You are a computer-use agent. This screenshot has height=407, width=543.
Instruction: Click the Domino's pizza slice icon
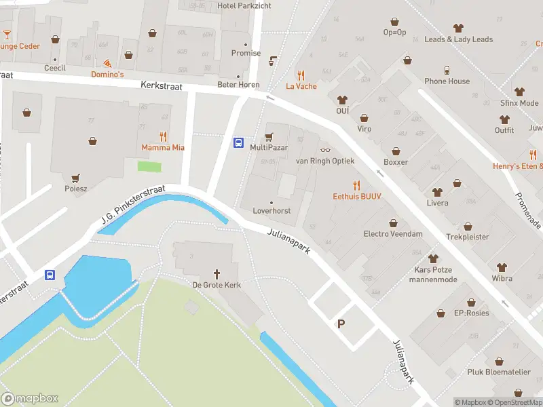pos(107,62)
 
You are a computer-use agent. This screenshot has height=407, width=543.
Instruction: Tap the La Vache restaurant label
pos(301,86)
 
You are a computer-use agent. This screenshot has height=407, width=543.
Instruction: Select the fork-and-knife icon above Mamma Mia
pos(163,136)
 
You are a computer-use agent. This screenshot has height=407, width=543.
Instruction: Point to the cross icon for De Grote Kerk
pos(217,273)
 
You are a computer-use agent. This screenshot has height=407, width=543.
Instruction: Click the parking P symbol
pos(341,324)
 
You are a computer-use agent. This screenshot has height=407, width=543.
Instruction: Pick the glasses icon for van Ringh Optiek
pos(325,150)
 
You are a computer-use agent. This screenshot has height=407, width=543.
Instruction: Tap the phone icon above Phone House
pos(447,70)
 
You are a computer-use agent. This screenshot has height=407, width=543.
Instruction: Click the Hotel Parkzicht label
pos(244,5)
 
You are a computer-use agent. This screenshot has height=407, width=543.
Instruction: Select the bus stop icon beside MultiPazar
pos(239,142)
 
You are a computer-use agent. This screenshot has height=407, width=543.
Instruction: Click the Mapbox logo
pos(30,398)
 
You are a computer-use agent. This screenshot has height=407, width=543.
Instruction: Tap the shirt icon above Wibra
pos(502,267)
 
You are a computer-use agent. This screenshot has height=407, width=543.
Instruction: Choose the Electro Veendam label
pos(393,234)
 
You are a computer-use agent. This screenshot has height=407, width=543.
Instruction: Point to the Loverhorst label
pos(271,211)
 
